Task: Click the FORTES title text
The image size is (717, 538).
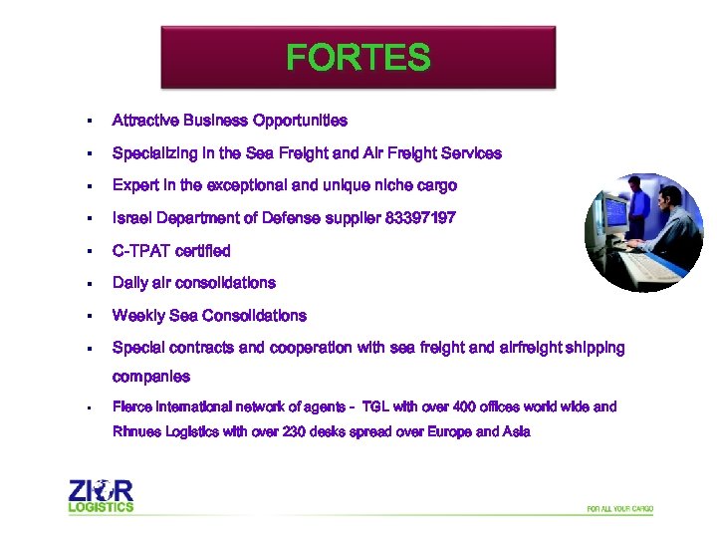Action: [358, 58]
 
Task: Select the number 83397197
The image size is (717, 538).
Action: [419, 218]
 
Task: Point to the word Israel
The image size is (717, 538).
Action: [131, 218]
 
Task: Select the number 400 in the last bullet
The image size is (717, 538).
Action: [465, 406]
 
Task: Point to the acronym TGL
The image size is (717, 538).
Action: [375, 406]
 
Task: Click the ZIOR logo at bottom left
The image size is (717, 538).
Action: [101, 491]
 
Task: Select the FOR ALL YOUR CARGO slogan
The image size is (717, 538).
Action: [619, 509]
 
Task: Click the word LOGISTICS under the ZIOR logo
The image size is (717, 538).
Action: [101, 507]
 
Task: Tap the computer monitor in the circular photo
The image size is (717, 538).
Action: [615, 210]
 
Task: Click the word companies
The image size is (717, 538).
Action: [151, 377]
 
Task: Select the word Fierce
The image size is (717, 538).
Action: [132, 406]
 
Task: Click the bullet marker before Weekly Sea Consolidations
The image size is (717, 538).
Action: [89, 317]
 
